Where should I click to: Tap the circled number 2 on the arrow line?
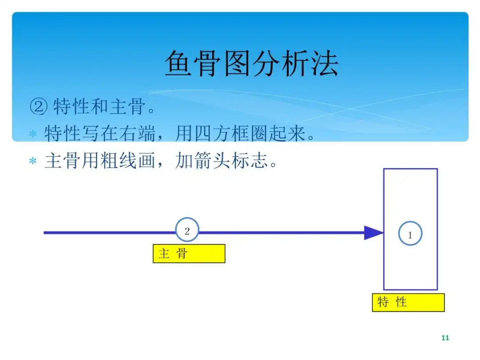[187, 231]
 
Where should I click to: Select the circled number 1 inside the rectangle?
[410, 235]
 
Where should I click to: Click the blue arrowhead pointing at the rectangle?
[373, 232]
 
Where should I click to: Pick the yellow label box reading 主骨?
[189, 253]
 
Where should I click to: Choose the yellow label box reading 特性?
[408, 302]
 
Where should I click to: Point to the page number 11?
[445, 338]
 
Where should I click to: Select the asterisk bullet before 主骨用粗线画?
[32, 161]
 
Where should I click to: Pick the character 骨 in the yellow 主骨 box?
[182, 253]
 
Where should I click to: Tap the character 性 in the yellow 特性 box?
[401, 302]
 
